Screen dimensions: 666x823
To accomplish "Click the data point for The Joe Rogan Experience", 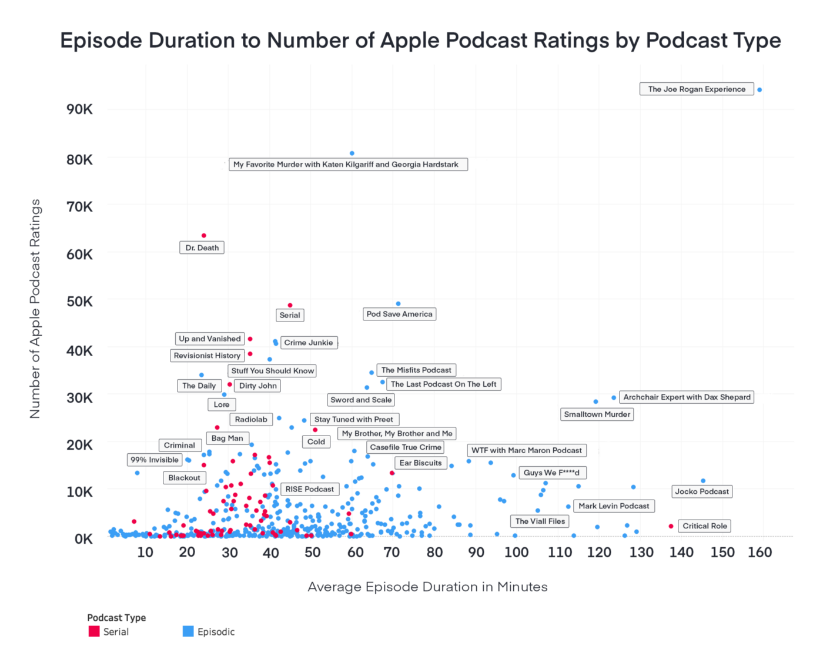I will tap(760, 90).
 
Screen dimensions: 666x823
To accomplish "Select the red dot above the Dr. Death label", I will tap(204, 236).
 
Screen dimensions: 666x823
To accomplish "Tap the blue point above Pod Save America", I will tap(398, 304).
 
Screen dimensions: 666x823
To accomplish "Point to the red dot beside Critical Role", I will tap(671, 526).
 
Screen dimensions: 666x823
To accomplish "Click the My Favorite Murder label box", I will tap(347, 165).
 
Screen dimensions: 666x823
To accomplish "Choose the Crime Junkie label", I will tap(309, 343).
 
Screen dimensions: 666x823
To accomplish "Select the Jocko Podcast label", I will tap(702, 491).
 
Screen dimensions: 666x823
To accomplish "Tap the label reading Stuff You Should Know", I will tap(273, 371).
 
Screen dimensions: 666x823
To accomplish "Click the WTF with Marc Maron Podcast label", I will tap(526, 450).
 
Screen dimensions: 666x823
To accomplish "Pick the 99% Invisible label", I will tap(155, 460).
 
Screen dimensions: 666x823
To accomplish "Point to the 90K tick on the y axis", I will tap(79, 109).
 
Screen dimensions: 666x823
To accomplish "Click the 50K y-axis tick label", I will tap(79, 302).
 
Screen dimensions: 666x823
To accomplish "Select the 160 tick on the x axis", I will tap(760, 553).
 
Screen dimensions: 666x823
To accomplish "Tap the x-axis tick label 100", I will tap(516, 553).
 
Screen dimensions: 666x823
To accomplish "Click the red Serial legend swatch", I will tap(94, 631).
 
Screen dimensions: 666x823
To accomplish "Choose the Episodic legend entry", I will tap(215, 632).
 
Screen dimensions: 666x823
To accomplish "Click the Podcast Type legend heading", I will tap(116, 618).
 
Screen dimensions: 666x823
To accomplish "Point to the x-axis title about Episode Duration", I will tap(427, 587).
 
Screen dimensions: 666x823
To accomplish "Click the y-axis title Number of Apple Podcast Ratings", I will tap(35, 309).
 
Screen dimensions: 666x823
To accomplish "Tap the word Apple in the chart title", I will tap(410, 41).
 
